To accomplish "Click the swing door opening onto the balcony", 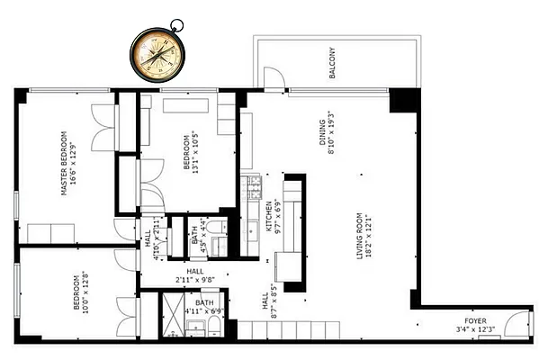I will click(x=273, y=81).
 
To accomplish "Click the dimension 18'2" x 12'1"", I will click(x=370, y=237).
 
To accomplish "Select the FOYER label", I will click(x=475, y=319).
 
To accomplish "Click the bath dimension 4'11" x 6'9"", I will click(x=205, y=312).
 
